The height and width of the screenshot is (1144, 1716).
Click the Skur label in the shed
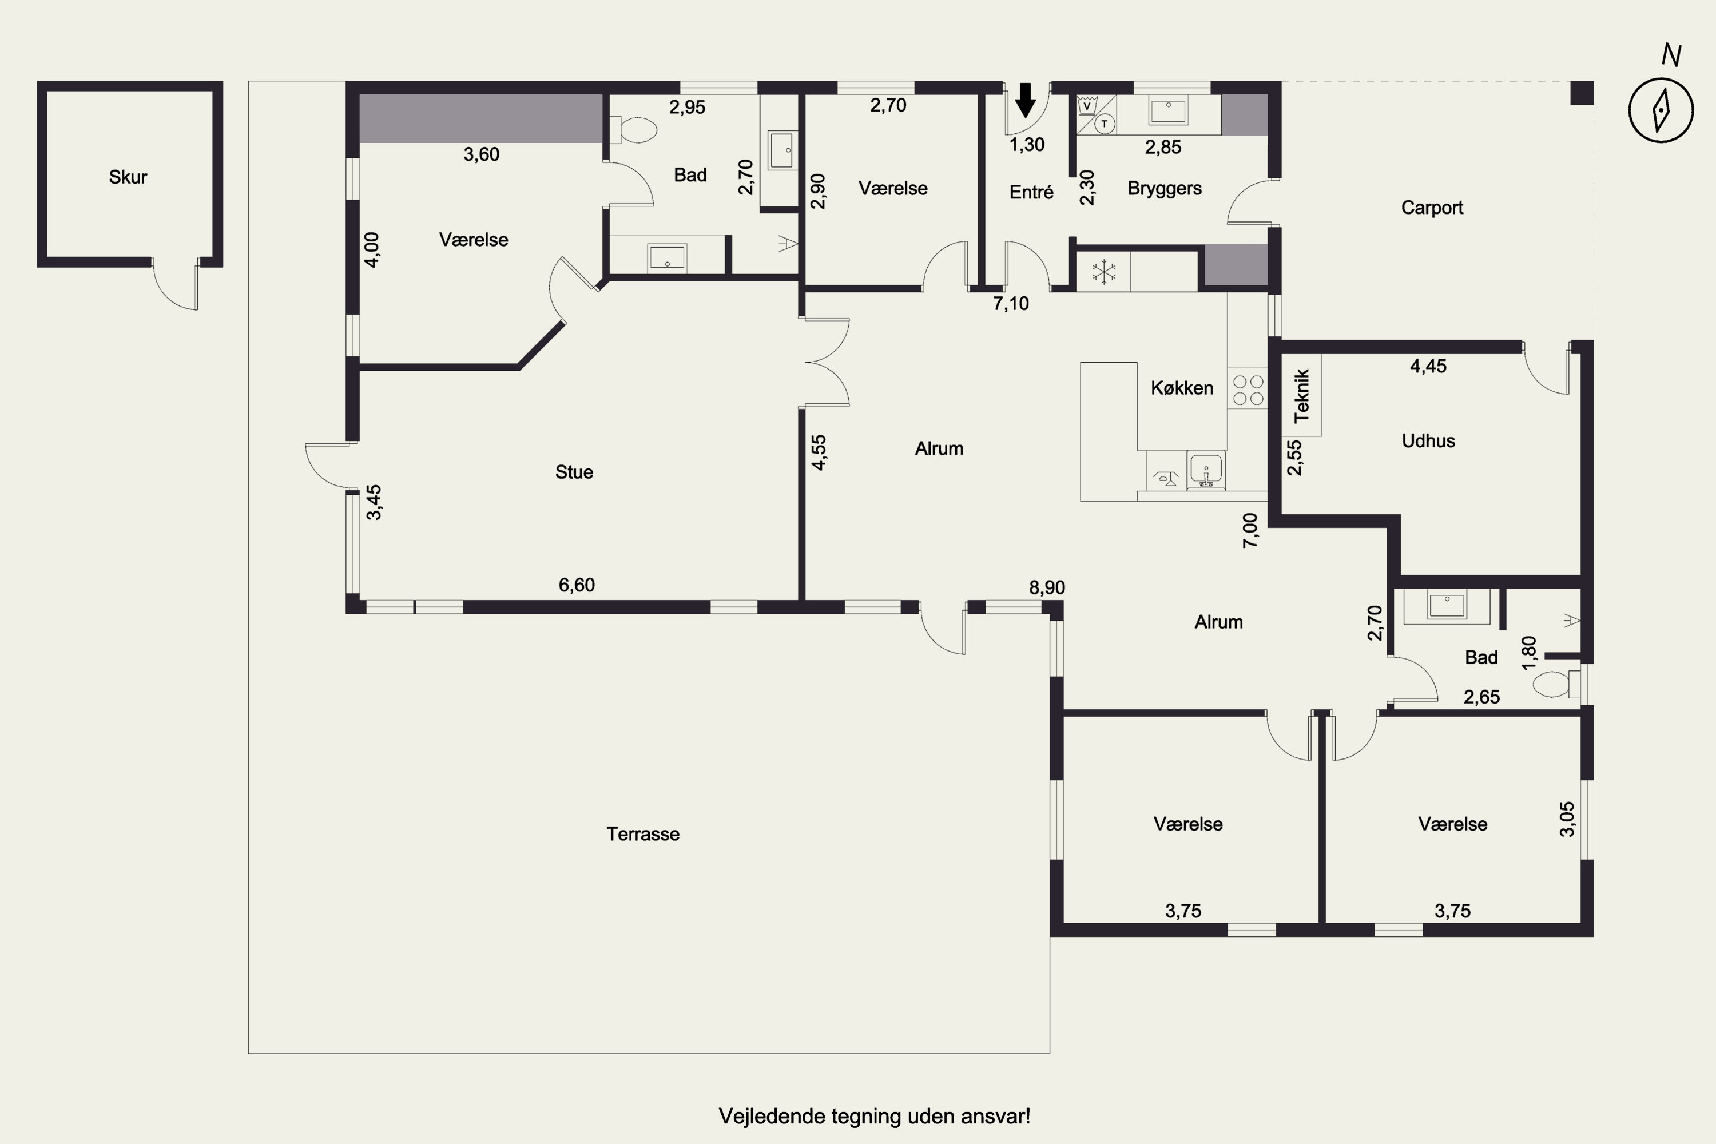coord(128,177)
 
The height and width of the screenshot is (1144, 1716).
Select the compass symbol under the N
coord(1661,110)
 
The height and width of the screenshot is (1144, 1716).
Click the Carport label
coord(1432,208)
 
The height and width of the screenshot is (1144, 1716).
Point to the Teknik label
coord(1302,396)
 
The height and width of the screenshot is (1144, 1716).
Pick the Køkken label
coord(1182,388)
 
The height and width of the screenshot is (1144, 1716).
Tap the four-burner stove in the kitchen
coord(1248,390)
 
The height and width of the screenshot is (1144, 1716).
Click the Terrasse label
coord(643,834)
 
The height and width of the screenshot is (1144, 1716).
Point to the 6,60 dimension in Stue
coord(577,585)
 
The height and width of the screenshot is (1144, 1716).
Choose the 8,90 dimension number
coord(1047,588)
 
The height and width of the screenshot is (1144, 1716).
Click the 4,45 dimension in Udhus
coord(1428,366)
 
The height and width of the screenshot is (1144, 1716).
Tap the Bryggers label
coord(1165,189)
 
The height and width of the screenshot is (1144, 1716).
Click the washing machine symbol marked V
coord(1087,106)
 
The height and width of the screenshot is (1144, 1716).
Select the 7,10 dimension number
coord(1011,304)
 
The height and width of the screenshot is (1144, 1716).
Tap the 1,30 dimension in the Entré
coord(1027,145)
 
